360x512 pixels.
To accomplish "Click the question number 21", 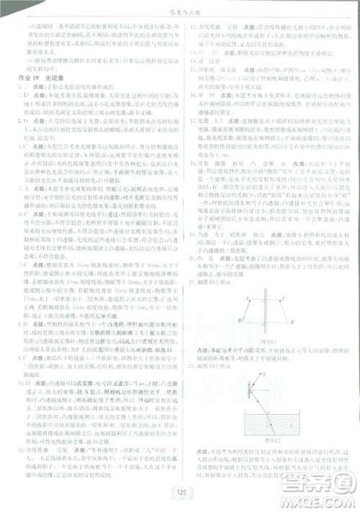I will (x=190, y=256).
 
